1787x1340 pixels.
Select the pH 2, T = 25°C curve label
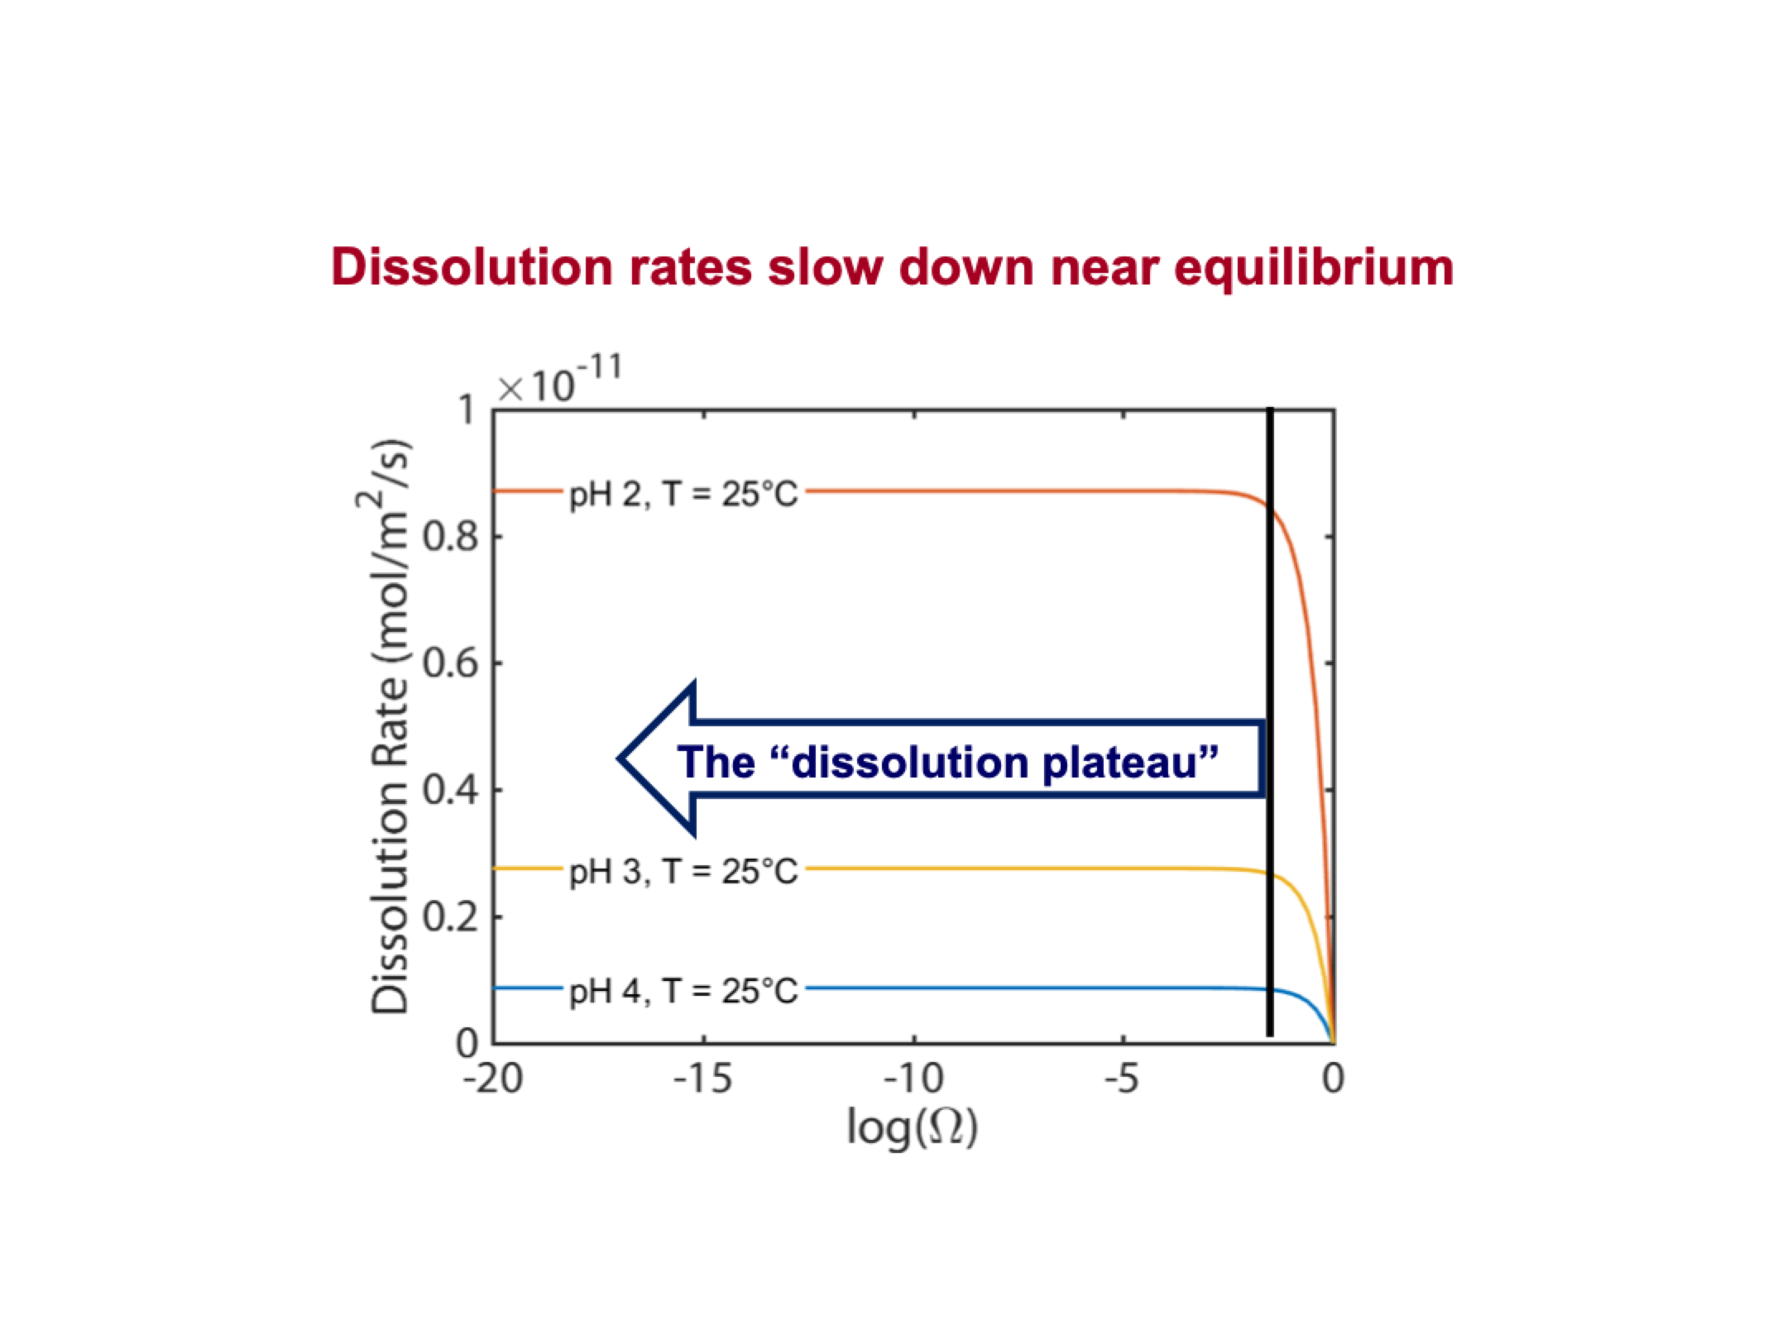[683, 495]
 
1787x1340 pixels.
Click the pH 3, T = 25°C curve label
[683, 872]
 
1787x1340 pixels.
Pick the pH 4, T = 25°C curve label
[683, 990]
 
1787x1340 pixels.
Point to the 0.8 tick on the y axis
[451, 538]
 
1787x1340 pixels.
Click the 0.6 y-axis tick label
[451, 664]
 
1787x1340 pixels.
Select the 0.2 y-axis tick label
[451, 917]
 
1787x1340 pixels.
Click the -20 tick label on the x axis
[493, 1079]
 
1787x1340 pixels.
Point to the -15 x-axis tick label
[703, 1079]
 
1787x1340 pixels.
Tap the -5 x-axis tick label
[1123, 1079]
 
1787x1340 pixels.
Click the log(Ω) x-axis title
[913, 1127]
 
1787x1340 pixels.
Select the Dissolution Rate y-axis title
[390, 728]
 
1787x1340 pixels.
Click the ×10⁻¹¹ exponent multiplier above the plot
[559, 382]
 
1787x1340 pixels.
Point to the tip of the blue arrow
[620, 758]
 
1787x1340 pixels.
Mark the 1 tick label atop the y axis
[467, 410]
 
